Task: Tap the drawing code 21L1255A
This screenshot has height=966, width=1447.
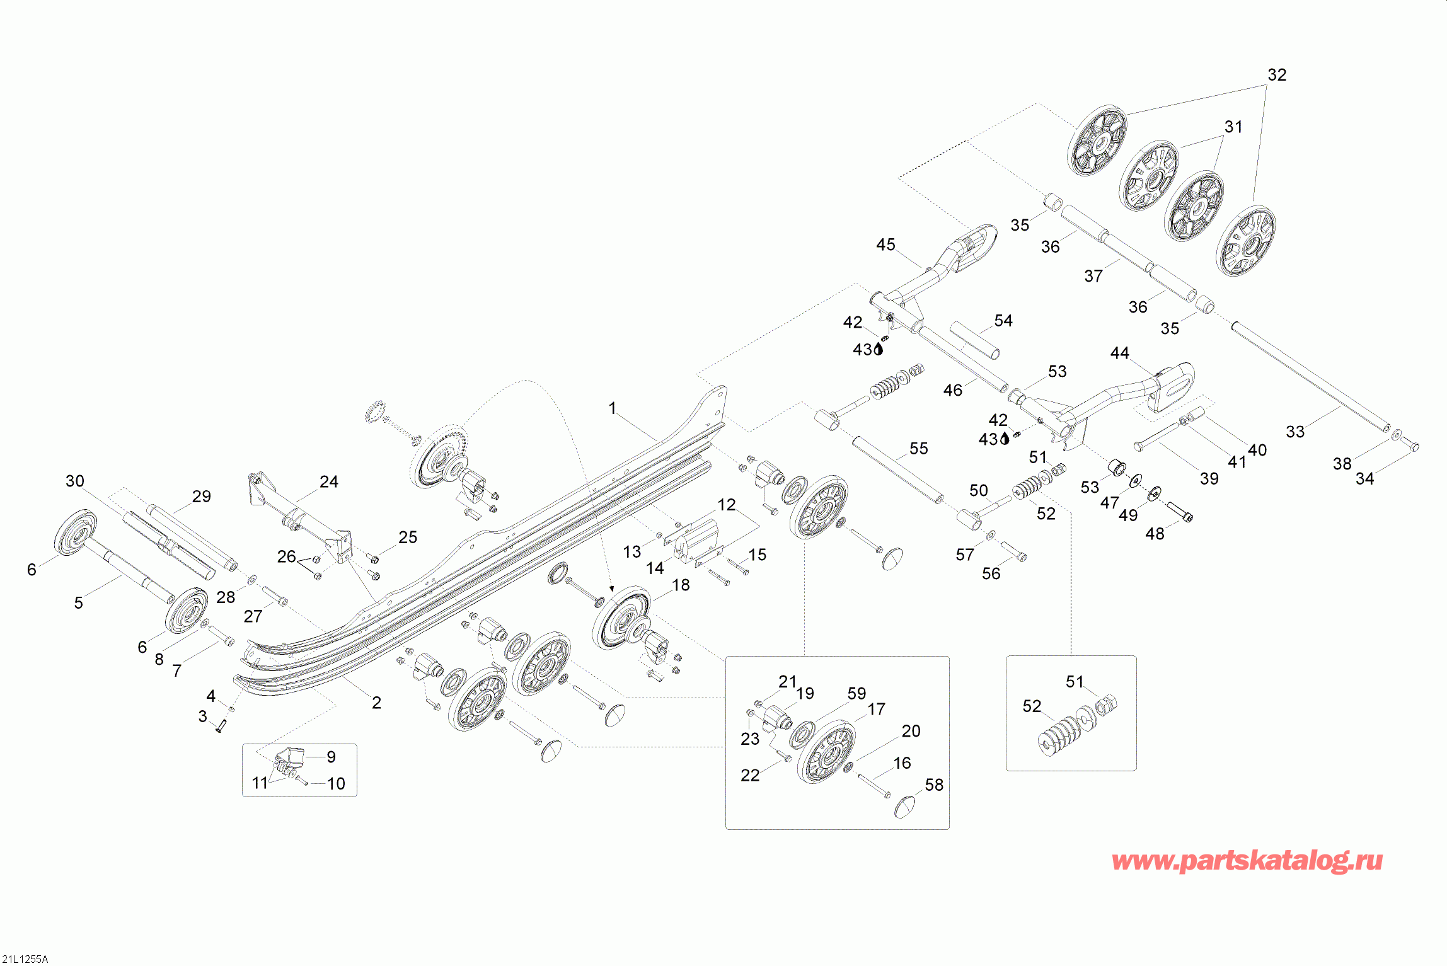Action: click(25, 959)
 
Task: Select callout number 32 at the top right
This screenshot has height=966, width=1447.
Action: click(1277, 75)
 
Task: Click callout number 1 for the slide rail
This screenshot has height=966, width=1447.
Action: click(612, 408)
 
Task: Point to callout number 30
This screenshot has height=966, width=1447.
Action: click(75, 481)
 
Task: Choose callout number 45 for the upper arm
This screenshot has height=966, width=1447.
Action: click(885, 244)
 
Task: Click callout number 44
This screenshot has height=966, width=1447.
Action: click(1119, 353)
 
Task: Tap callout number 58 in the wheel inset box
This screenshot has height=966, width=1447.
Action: click(934, 785)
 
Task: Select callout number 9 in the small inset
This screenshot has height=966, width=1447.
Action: click(331, 757)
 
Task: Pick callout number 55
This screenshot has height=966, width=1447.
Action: click(918, 449)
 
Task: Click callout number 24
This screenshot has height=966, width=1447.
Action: click(329, 482)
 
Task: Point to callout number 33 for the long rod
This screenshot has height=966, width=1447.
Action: click(1295, 432)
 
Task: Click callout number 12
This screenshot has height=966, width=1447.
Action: click(727, 505)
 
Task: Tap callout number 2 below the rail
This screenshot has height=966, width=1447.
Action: click(376, 703)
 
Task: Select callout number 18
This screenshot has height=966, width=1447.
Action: click(681, 585)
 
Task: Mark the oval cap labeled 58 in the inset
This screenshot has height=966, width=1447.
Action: click(905, 807)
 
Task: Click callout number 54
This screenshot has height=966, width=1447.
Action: click(1003, 321)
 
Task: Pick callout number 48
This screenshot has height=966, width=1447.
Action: click(1155, 534)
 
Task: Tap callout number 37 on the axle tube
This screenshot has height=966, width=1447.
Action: click(1093, 276)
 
